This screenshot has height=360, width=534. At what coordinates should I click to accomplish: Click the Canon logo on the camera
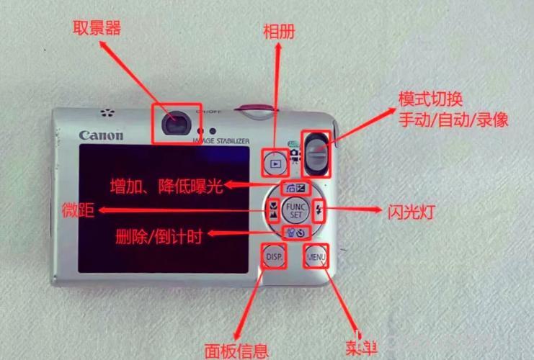coord(101,135)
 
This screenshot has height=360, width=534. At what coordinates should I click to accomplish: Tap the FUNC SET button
coord(295,210)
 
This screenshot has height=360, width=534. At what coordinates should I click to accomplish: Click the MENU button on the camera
coord(316,256)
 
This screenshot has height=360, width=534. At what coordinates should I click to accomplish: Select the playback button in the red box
coord(275,163)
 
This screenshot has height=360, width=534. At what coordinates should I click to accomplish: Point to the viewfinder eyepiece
coord(173,125)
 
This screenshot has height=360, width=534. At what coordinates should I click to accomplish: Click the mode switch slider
coord(316,153)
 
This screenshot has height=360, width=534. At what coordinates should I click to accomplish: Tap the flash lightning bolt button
coord(320,211)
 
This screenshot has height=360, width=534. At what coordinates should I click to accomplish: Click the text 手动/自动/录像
coord(453,120)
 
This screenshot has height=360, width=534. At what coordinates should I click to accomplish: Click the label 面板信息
coord(236,351)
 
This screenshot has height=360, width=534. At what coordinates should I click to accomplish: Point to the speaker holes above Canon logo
coord(107,113)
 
